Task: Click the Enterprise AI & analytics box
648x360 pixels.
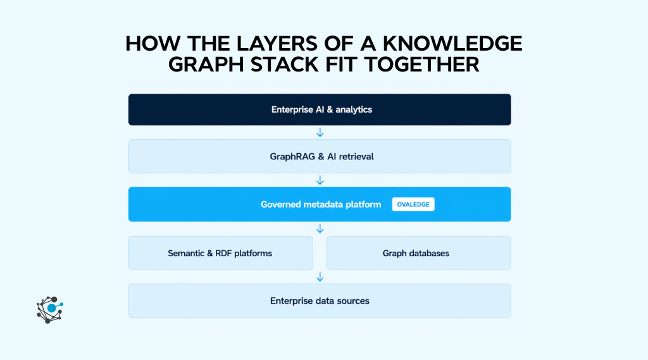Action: tap(320, 109)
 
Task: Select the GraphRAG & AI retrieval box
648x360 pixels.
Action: tap(320, 156)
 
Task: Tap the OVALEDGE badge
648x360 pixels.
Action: tap(413, 204)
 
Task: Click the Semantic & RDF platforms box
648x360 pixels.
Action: tap(221, 253)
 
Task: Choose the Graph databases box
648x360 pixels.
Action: tap(419, 253)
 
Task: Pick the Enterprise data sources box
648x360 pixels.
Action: tap(320, 301)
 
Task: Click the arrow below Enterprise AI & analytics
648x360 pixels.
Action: tap(320, 132)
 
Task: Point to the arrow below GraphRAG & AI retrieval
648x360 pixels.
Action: tap(320, 180)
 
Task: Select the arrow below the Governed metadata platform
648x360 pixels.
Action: tap(320, 228)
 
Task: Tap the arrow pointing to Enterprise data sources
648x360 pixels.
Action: tap(320, 277)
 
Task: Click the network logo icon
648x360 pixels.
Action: tap(49, 309)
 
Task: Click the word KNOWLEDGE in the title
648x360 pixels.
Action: tap(452, 44)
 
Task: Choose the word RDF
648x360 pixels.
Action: tap(223, 253)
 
